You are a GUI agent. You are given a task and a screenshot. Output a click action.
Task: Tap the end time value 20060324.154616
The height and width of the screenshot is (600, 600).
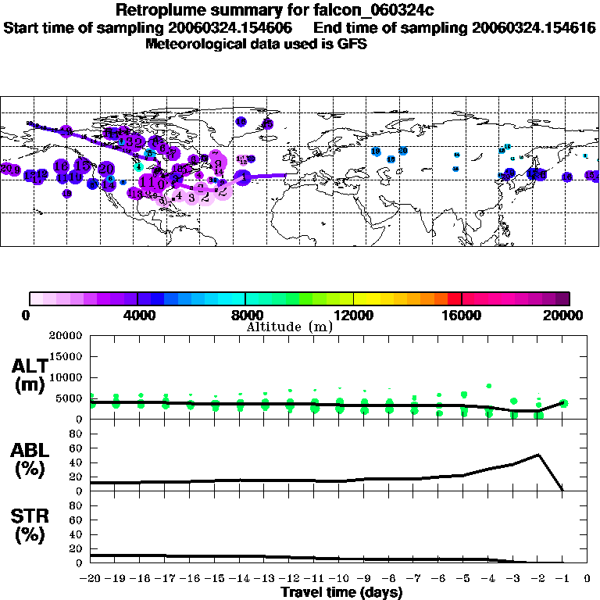point(534,27)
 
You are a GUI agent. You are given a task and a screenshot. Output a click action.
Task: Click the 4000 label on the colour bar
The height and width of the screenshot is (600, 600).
point(137,315)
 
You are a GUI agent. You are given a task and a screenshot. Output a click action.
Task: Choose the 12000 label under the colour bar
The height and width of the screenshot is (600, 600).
point(354,315)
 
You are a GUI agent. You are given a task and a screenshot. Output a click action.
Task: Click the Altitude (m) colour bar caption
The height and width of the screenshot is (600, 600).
point(290,327)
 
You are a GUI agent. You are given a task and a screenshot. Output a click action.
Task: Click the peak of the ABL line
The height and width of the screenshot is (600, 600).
point(538,455)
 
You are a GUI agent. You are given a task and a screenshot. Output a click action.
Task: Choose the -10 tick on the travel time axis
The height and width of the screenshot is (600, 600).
point(339,579)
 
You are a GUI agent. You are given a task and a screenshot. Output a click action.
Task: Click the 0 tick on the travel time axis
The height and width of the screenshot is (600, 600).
point(587,579)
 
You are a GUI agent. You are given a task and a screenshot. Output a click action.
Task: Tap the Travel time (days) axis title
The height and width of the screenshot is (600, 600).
point(341,592)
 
